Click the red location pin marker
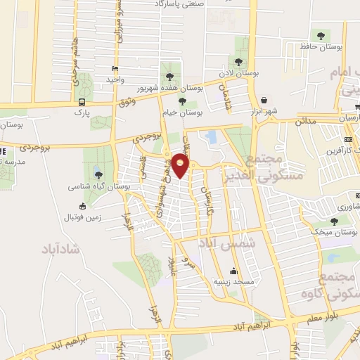181,166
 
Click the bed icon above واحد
115,69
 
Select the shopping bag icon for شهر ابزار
264,100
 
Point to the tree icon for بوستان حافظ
321,34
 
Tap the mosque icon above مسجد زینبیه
233,271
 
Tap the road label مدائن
304,121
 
